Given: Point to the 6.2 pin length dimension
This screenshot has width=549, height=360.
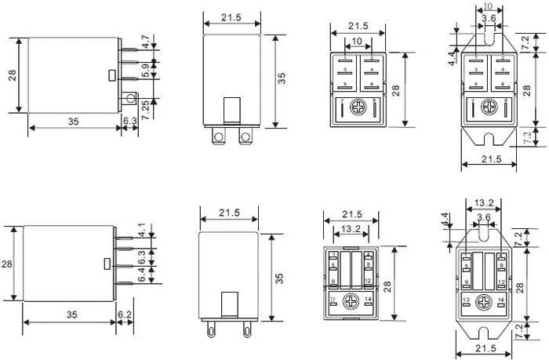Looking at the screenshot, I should point(124,314).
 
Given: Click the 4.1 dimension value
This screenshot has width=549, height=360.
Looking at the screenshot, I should point(141,232).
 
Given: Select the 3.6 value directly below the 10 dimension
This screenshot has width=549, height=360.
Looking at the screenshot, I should point(488,18).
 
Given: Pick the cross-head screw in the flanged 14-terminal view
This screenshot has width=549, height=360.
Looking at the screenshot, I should point(486,300).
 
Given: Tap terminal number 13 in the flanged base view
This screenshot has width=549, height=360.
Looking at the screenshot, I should point(465,300).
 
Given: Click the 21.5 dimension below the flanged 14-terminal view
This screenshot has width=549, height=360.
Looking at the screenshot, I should point(486,347).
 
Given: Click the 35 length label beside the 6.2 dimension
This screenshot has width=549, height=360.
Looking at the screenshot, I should point(71,314).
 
